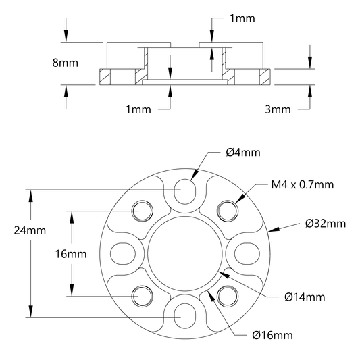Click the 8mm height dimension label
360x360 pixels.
pyautogui.click(x=66, y=63)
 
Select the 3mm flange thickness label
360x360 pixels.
pyautogui.click(x=278, y=109)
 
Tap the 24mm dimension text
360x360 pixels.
pyautogui.click(x=30, y=230)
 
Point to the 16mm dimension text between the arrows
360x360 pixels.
pyautogui.click(x=71, y=254)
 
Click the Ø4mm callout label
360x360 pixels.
pyautogui.click(x=243, y=153)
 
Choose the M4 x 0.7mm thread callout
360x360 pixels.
pyautogui.click(x=303, y=184)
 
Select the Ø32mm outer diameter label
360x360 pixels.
pyautogui.click(x=326, y=224)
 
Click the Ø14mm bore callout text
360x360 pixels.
pyautogui.click(x=305, y=297)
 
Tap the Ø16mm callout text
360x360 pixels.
pyautogui.click(x=272, y=336)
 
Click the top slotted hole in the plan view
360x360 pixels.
pyautogui.click(x=185, y=191)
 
